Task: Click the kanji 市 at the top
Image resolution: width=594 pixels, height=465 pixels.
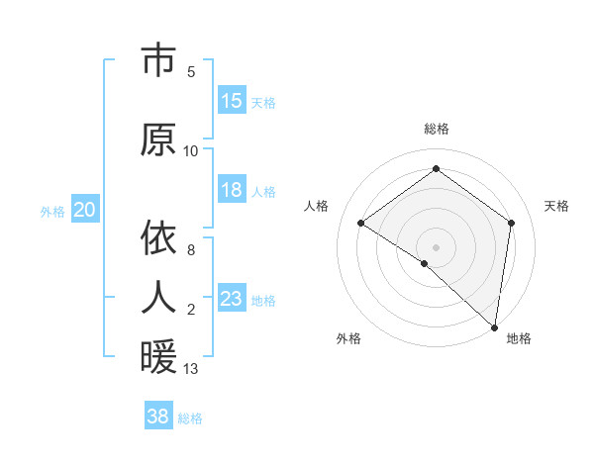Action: click(158, 60)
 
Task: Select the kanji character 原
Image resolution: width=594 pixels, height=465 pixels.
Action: click(158, 140)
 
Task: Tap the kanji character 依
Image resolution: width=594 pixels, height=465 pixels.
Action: click(158, 238)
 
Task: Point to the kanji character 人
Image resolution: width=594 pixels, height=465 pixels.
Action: click(158, 297)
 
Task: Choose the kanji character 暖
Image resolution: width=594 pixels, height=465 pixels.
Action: click(158, 357)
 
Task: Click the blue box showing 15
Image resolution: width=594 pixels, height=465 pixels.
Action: click(232, 101)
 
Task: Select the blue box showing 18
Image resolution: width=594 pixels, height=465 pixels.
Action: click(232, 190)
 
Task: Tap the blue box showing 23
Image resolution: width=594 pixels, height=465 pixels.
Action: click(232, 299)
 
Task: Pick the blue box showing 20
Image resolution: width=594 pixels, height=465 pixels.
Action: click(85, 210)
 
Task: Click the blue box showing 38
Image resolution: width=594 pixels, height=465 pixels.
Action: click(158, 417)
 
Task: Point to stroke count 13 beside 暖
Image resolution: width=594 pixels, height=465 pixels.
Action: click(190, 369)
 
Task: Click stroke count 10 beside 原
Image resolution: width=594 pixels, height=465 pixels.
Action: click(190, 150)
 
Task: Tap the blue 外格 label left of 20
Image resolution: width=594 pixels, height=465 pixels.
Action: click(52, 211)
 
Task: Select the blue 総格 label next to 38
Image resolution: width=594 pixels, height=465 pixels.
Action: click(190, 418)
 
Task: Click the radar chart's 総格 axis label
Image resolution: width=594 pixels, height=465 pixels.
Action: click(436, 129)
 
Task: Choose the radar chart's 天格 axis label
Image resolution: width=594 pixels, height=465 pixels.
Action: click(556, 206)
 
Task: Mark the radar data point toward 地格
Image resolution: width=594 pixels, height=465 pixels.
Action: click(495, 327)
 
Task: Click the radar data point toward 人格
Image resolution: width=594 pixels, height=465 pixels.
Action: click(361, 223)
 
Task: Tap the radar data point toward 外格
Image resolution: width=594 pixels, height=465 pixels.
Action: click(424, 263)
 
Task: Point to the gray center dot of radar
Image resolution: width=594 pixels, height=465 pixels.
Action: click(436, 246)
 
